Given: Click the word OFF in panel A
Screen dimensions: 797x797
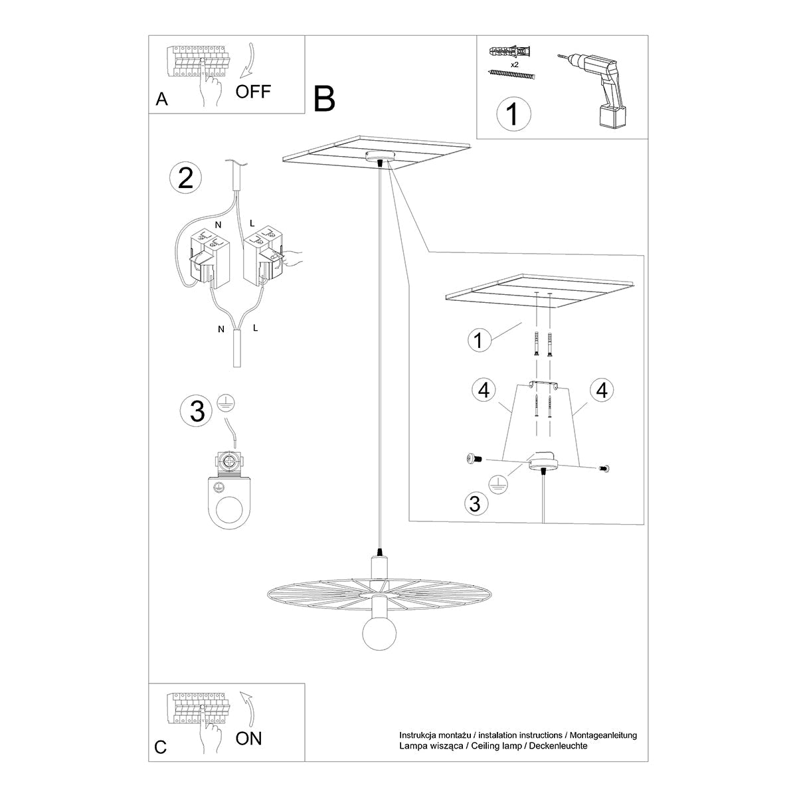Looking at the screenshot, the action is point(253,92).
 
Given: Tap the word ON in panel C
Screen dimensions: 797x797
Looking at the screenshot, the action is point(248,739).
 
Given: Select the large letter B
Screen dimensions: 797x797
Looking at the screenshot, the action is point(324,99).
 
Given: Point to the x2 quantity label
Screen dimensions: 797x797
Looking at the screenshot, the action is point(515,64).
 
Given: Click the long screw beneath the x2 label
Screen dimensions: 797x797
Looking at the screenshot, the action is point(511,74).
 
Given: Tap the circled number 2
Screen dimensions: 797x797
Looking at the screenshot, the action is point(186,178).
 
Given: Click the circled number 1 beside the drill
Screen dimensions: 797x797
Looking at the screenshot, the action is point(513,114).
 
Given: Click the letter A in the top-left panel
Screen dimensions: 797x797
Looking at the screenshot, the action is point(161,99).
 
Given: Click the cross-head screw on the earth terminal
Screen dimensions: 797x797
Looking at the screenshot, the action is point(228,462).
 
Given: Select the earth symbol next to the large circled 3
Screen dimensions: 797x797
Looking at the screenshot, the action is point(226,403).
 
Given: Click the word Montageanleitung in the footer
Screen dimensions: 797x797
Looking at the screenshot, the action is point(604,736).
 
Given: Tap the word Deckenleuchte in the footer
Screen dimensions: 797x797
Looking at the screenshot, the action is point(559,746).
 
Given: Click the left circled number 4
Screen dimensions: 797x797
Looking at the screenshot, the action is point(484,390).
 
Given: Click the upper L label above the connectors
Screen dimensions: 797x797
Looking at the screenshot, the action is point(252,223).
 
